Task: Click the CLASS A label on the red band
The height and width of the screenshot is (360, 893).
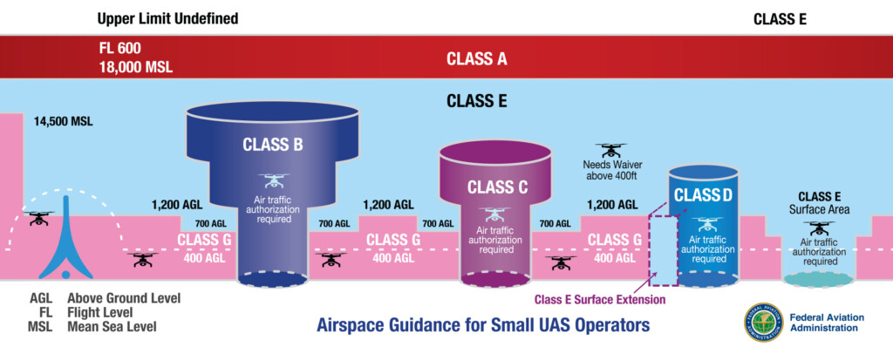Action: coord(476,59)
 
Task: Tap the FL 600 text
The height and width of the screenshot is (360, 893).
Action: coord(119,47)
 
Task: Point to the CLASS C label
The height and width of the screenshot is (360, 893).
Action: coord(497,187)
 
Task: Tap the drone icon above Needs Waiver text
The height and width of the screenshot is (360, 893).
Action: coord(610,150)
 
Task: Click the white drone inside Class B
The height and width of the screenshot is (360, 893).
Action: coord(273,181)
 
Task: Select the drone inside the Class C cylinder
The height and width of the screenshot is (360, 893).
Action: coord(496,214)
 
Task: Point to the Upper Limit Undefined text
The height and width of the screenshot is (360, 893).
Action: coord(167,18)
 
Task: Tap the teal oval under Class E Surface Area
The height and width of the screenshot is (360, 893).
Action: coord(818,278)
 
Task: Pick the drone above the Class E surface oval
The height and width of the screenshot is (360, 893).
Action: coord(818,228)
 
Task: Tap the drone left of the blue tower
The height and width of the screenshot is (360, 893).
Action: coord(38,218)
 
